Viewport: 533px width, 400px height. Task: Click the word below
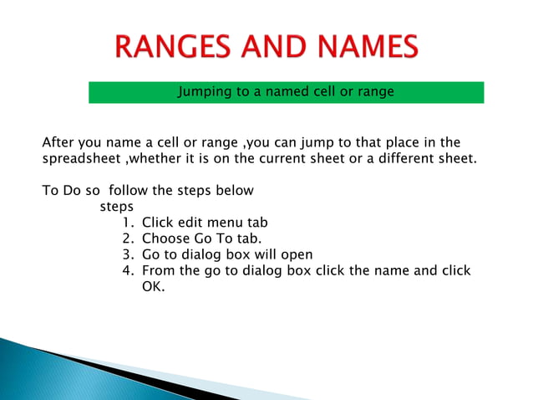235,190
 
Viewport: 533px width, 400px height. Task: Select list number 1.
127,223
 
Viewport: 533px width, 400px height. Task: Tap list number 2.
127,238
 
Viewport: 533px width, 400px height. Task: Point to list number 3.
127,254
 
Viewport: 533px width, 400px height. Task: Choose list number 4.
127,270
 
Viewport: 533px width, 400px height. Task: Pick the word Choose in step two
163,238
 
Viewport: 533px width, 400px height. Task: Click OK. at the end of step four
154,287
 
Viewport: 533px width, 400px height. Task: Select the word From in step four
158,270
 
